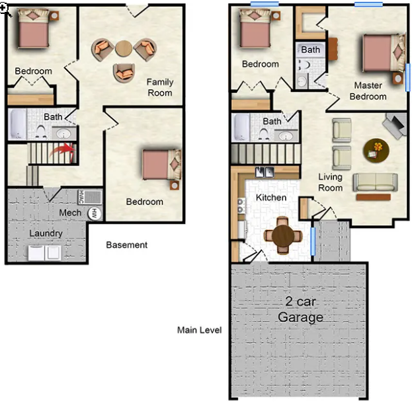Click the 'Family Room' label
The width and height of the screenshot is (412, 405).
(159, 87)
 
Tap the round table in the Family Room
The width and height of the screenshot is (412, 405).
(124, 48)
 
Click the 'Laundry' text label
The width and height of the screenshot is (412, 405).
(46, 233)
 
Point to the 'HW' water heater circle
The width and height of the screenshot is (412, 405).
(95, 213)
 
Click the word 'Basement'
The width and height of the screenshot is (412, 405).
(127, 244)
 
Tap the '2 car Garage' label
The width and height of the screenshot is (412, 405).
(300, 309)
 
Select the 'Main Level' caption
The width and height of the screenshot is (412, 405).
(199, 330)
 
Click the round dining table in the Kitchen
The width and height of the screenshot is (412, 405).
(282, 235)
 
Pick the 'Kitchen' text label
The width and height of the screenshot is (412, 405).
(271, 198)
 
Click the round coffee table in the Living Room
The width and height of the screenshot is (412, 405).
(376, 149)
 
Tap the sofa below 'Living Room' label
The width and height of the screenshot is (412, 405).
(374, 182)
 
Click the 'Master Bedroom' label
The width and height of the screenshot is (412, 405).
(368, 91)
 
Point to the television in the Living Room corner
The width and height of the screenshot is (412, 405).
(395, 124)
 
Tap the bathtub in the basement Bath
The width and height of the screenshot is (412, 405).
(17, 125)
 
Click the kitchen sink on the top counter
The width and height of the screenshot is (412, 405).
(265, 172)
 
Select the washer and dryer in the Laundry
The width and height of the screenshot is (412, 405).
(46, 252)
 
